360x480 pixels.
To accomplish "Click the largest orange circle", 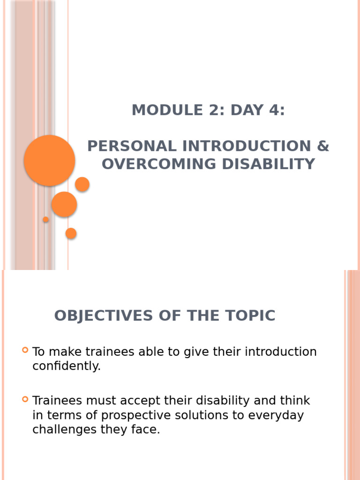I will click(49, 160).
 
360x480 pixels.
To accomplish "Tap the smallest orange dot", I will click(46, 219).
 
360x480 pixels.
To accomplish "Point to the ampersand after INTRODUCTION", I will click(323, 146).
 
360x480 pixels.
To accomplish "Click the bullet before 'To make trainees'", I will click(25, 350).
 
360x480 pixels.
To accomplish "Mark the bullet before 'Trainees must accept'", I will click(25, 399).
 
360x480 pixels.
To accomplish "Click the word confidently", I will click(67, 367).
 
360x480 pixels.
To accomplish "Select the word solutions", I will click(204, 416).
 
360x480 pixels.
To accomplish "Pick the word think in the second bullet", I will click(294, 401).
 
